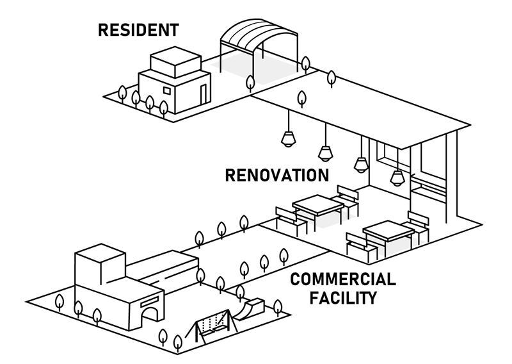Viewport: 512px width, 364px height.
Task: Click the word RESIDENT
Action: (x=138, y=29)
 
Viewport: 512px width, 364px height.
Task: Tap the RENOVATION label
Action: (x=276, y=176)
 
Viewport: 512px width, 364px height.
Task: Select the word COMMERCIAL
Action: (x=342, y=279)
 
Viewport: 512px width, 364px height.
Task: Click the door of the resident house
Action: (x=203, y=94)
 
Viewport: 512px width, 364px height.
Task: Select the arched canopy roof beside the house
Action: (x=259, y=35)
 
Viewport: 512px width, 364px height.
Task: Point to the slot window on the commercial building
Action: (x=149, y=298)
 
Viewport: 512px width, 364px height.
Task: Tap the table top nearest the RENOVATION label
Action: (x=318, y=206)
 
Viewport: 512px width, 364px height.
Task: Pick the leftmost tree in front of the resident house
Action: (x=122, y=92)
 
